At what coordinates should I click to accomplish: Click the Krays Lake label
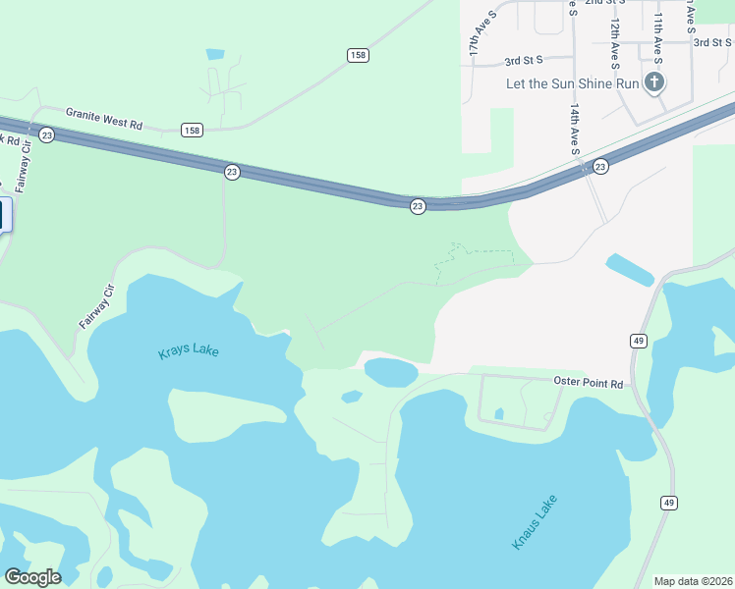click(x=189, y=351)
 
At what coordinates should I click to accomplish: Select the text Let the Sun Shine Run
click(x=572, y=83)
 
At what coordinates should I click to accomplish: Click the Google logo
click(x=32, y=577)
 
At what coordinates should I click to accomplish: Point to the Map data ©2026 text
click(x=693, y=581)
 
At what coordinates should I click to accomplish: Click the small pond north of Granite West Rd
click(x=215, y=55)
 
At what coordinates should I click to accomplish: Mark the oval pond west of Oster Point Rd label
click(x=391, y=371)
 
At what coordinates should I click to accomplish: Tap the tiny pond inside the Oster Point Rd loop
click(x=499, y=413)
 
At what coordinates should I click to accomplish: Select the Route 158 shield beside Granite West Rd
click(x=192, y=130)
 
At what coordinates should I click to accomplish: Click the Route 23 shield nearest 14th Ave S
click(x=600, y=167)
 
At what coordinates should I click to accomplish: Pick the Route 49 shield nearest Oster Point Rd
click(x=638, y=341)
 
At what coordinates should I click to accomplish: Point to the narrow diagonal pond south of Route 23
click(x=630, y=269)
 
